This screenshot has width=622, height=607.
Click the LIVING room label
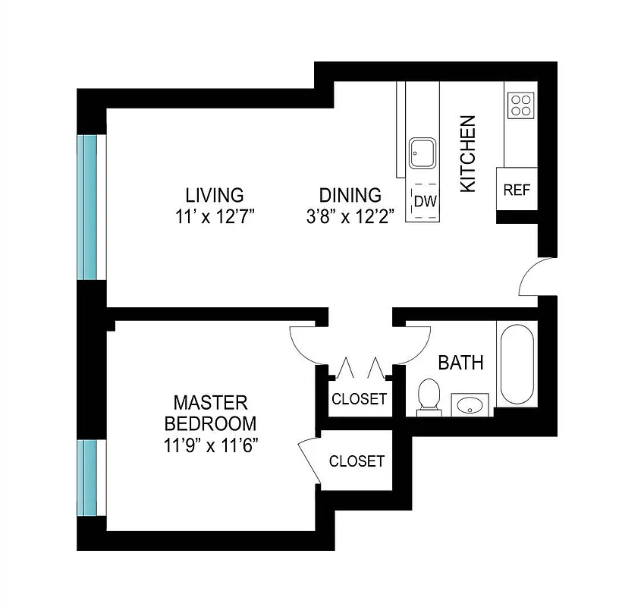click(215, 194)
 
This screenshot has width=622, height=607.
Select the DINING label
click(350, 194)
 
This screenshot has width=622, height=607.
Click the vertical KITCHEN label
click(469, 153)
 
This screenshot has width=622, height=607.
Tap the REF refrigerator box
click(517, 190)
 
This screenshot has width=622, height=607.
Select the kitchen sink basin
click(422, 153)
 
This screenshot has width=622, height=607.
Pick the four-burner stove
click(521, 105)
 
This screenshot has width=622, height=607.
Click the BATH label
click(460, 363)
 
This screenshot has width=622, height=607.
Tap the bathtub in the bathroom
click(517, 364)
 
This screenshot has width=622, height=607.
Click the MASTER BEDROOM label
click(211, 413)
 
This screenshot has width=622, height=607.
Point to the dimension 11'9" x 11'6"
click(211, 445)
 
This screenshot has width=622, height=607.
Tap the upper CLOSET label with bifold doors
click(360, 399)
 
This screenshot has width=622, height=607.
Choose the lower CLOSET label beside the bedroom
click(357, 461)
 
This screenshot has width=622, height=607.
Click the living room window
click(90, 207)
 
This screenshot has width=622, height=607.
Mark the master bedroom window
click(90, 477)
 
